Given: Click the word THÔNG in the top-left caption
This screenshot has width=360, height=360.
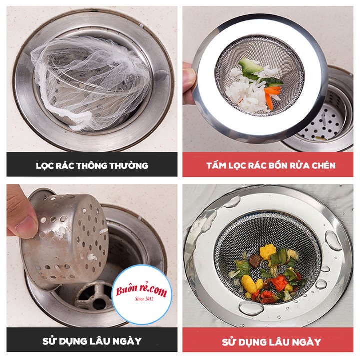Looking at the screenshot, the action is (92, 165).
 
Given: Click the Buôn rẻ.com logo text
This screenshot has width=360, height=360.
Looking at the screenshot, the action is (141, 290).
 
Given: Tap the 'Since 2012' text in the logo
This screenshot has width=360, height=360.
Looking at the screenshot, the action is (144, 299).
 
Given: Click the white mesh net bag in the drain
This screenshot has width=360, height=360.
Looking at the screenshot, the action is (89, 82).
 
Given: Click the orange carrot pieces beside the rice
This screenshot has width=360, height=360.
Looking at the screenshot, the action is (271, 96).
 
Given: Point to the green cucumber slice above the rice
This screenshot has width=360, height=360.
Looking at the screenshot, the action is (250, 66).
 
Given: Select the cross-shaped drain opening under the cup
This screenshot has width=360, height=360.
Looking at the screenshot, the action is (94, 296).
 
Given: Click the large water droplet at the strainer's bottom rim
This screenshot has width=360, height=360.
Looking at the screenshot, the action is (251, 308).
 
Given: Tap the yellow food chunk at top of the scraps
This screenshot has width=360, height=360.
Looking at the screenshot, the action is (268, 252).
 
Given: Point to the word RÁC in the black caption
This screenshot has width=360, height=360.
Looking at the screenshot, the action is (65, 165).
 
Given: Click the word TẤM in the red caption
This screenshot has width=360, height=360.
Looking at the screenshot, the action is (216, 165).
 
